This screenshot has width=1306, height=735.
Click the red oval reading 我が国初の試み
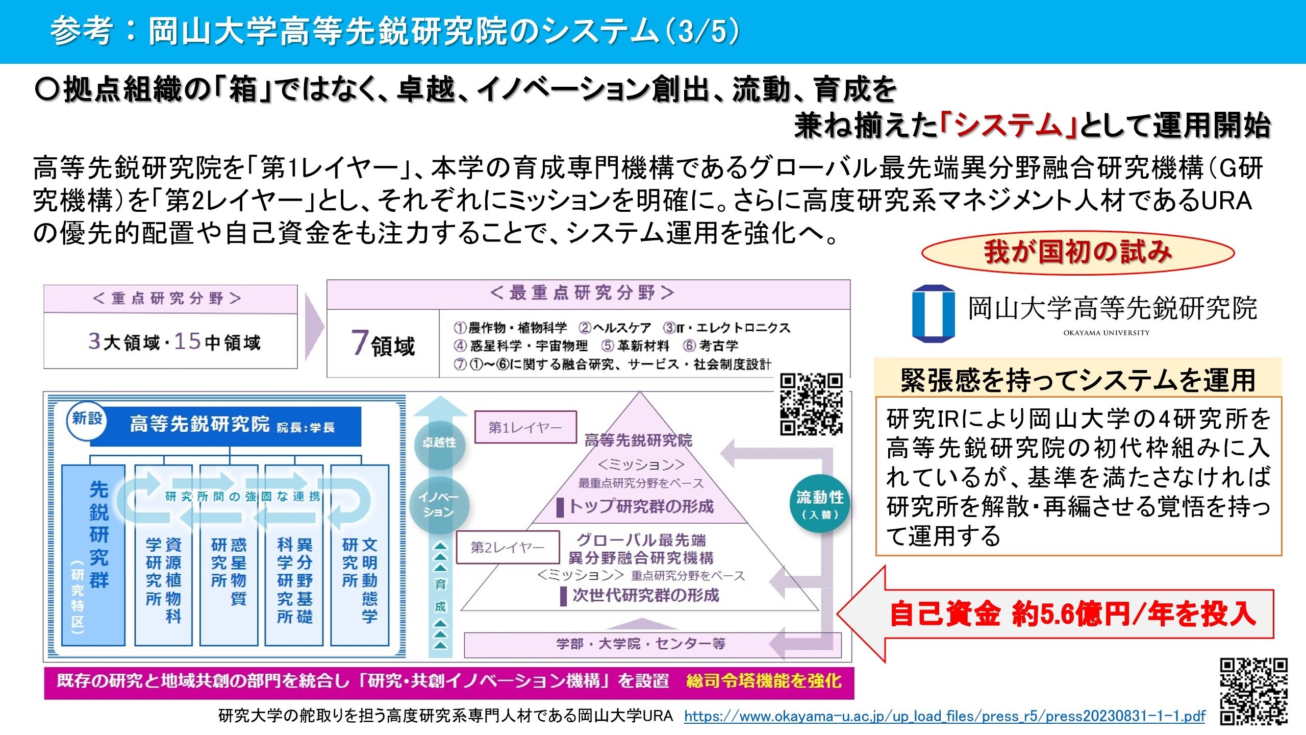click(1077, 253)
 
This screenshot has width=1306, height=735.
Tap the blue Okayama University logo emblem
click(933, 313)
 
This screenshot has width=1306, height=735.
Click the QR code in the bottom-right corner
click(1253, 691)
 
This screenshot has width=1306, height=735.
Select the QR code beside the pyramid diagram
click(811, 404)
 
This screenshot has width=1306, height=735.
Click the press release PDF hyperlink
click(944, 716)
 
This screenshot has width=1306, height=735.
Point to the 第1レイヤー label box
click(525, 427)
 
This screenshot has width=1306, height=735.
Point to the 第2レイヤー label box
click(507, 547)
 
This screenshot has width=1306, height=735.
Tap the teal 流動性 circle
click(820, 504)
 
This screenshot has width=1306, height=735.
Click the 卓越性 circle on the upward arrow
click(439, 443)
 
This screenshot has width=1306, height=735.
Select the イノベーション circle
click(439, 504)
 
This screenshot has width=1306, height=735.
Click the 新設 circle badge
click(87, 420)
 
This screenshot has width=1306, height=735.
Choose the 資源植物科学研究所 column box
click(163, 555)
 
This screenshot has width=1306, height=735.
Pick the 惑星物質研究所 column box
click(229, 555)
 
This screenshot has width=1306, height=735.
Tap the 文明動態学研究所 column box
click(360, 555)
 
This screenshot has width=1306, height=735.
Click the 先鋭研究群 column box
click(94, 555)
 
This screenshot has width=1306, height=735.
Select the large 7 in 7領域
click(359, 342)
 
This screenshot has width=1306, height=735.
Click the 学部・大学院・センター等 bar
click(640, 644)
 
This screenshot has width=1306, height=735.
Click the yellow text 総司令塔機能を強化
click(764, 681)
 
